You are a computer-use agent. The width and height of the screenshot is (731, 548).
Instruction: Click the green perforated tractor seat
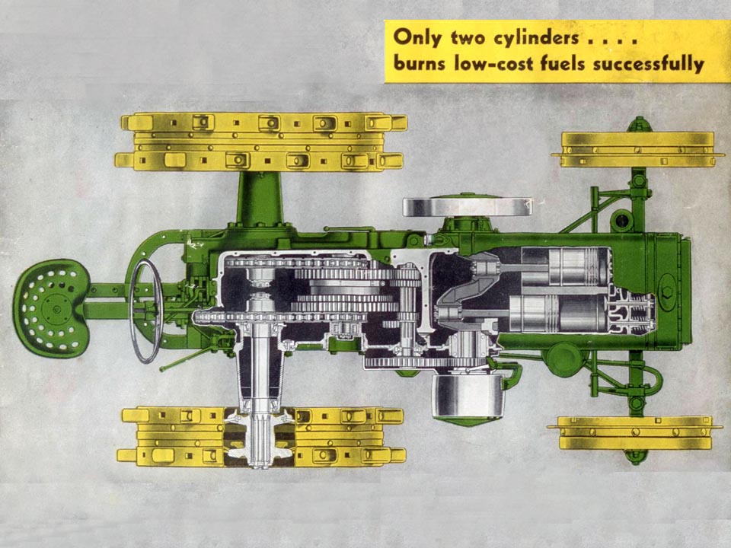(51, 308)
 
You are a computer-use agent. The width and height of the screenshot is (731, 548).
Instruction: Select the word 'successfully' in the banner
(649, 64)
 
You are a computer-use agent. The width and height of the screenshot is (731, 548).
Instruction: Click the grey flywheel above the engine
(467, 207)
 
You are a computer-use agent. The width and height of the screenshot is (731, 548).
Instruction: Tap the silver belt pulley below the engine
(468, 396)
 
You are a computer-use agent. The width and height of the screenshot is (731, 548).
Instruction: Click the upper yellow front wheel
(637, 150)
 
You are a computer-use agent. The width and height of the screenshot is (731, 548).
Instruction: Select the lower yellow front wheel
(634, 433)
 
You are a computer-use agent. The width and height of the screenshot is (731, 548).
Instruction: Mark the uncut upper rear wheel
(261, 142)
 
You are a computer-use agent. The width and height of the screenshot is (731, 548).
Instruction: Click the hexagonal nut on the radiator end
(667, 292)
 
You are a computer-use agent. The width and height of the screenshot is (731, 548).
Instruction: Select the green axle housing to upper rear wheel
(260, 198)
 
